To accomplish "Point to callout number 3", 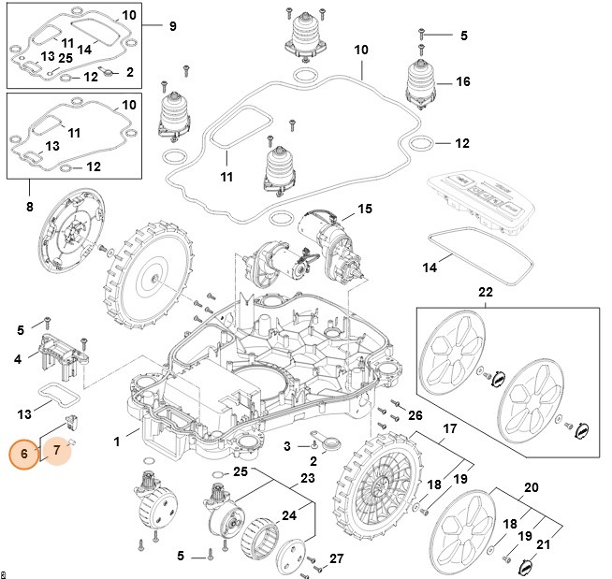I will [x=287, y=445].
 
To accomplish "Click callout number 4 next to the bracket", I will [x=19, y=358].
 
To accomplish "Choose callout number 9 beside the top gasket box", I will [x=172, y=26].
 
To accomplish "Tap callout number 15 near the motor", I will [x=364, y=208].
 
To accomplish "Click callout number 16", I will [x=462, y=82].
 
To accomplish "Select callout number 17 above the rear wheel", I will [x=449, y=429].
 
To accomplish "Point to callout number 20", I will [x=531, y=487].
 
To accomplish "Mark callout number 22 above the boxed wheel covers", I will [x=484, y=293].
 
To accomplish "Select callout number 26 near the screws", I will [x=415, y=414].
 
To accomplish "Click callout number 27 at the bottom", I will [x=336, y=558].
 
